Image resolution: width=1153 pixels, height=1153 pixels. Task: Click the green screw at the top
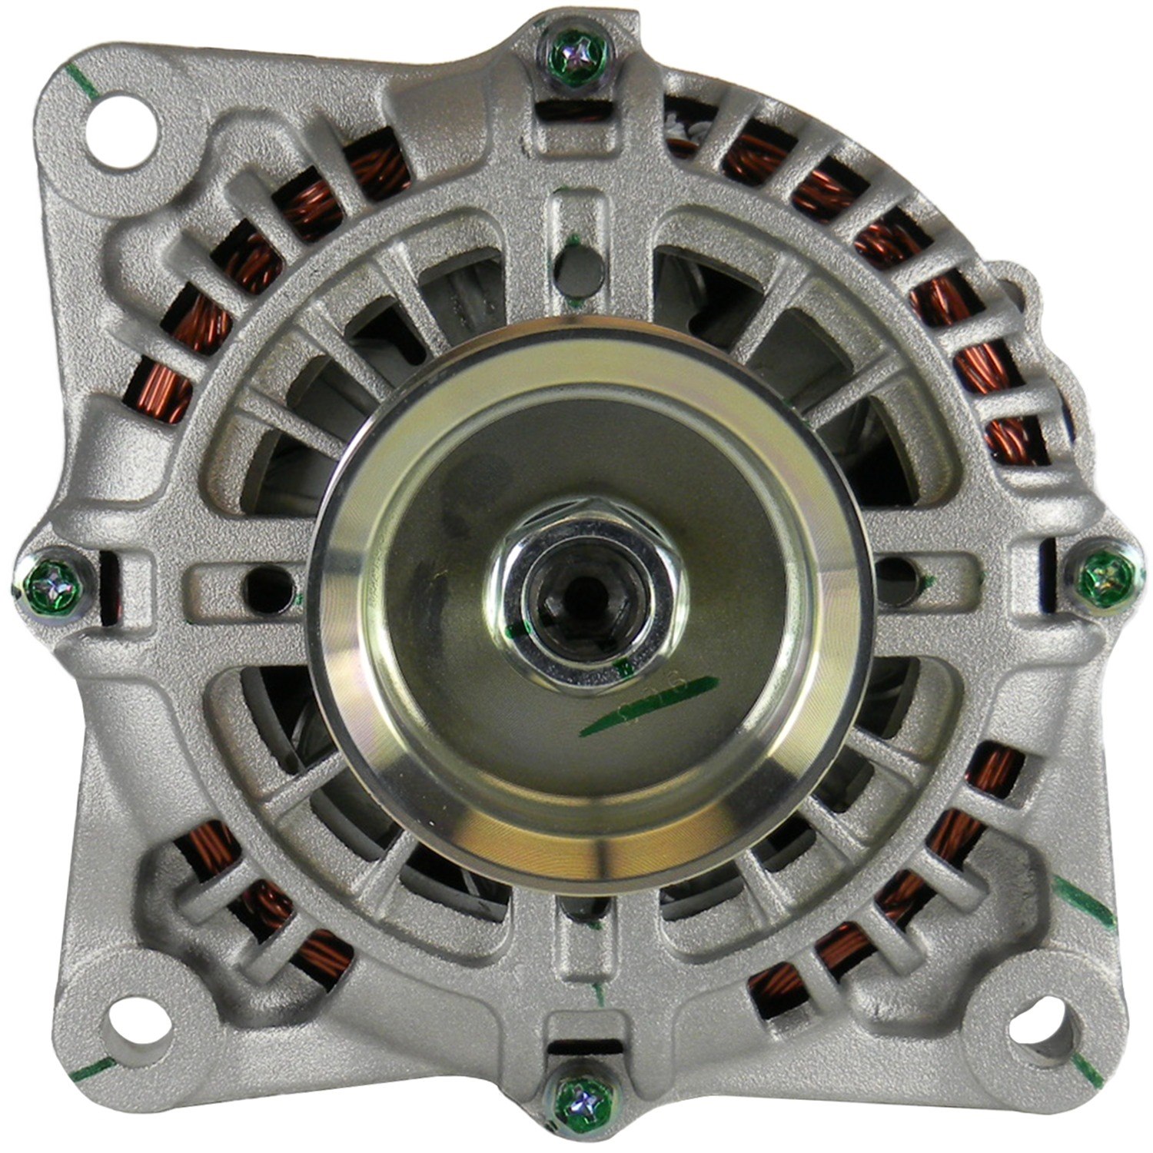[579, 55]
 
